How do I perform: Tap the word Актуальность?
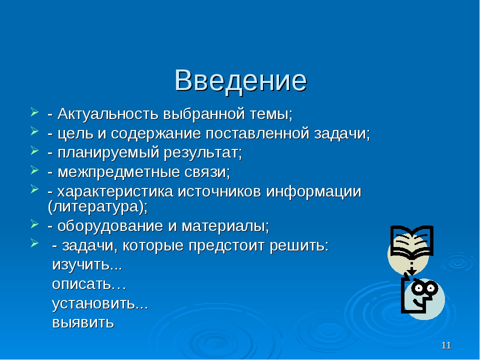point(108,113)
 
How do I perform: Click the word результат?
point(201,153)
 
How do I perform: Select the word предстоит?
point(226,245)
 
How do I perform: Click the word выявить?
point(83,322)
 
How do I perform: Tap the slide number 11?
point(446,345)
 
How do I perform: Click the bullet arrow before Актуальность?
point(34,112)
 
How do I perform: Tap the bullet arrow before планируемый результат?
point(34,151)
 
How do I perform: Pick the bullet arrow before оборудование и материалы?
point(34,224)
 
